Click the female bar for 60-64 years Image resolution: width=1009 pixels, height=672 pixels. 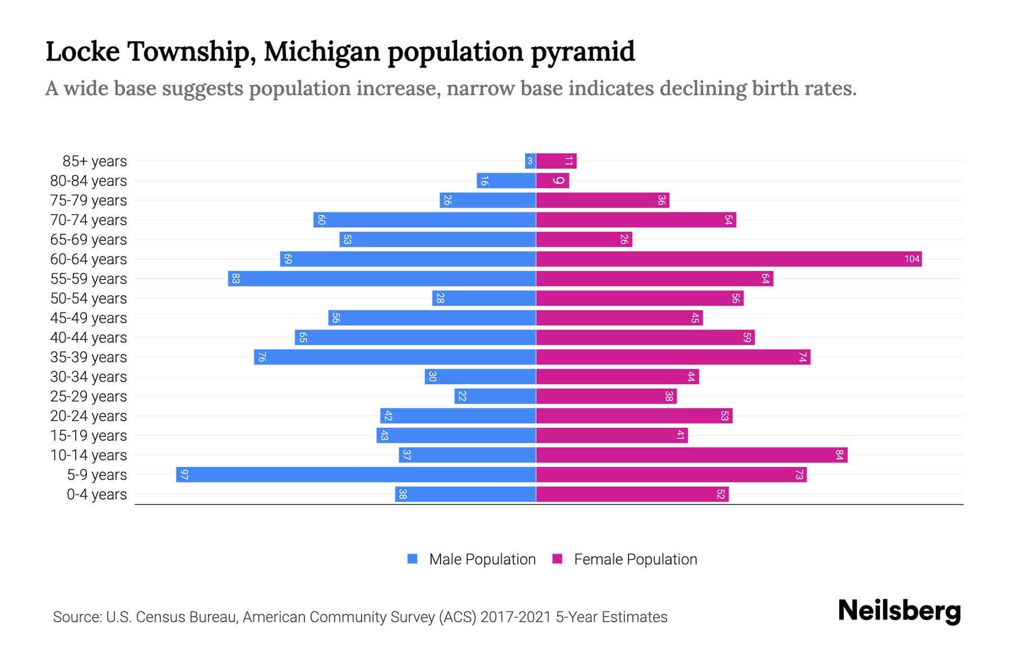click(729, 259)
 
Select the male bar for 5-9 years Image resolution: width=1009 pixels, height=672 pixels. click(356, 474)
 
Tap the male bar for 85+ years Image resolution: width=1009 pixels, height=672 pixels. click(530, 161)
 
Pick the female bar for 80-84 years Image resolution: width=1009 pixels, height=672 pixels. click(553, 180)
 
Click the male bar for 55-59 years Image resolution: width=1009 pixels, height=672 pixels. click(382, 278)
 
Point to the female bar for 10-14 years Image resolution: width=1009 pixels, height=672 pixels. click(692, 455)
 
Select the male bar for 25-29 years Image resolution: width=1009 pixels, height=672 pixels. click(495, 396)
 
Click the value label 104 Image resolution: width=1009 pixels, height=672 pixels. click(911, 259)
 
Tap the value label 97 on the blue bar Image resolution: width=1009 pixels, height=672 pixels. click(184, 474)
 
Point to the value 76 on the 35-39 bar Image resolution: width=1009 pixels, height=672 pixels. click(262, 357)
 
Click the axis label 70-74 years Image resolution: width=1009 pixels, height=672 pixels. click(89, 220)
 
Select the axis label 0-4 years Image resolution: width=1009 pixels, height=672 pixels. click(96, 494)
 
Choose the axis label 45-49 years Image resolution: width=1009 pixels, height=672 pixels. click(89, 318)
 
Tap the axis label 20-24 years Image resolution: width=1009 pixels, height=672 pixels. click(89, 416)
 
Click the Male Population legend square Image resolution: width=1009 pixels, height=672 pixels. click(413, 559)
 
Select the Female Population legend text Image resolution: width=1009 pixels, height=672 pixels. click(635, 559)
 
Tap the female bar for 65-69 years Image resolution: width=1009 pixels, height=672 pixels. click(584, 239)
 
